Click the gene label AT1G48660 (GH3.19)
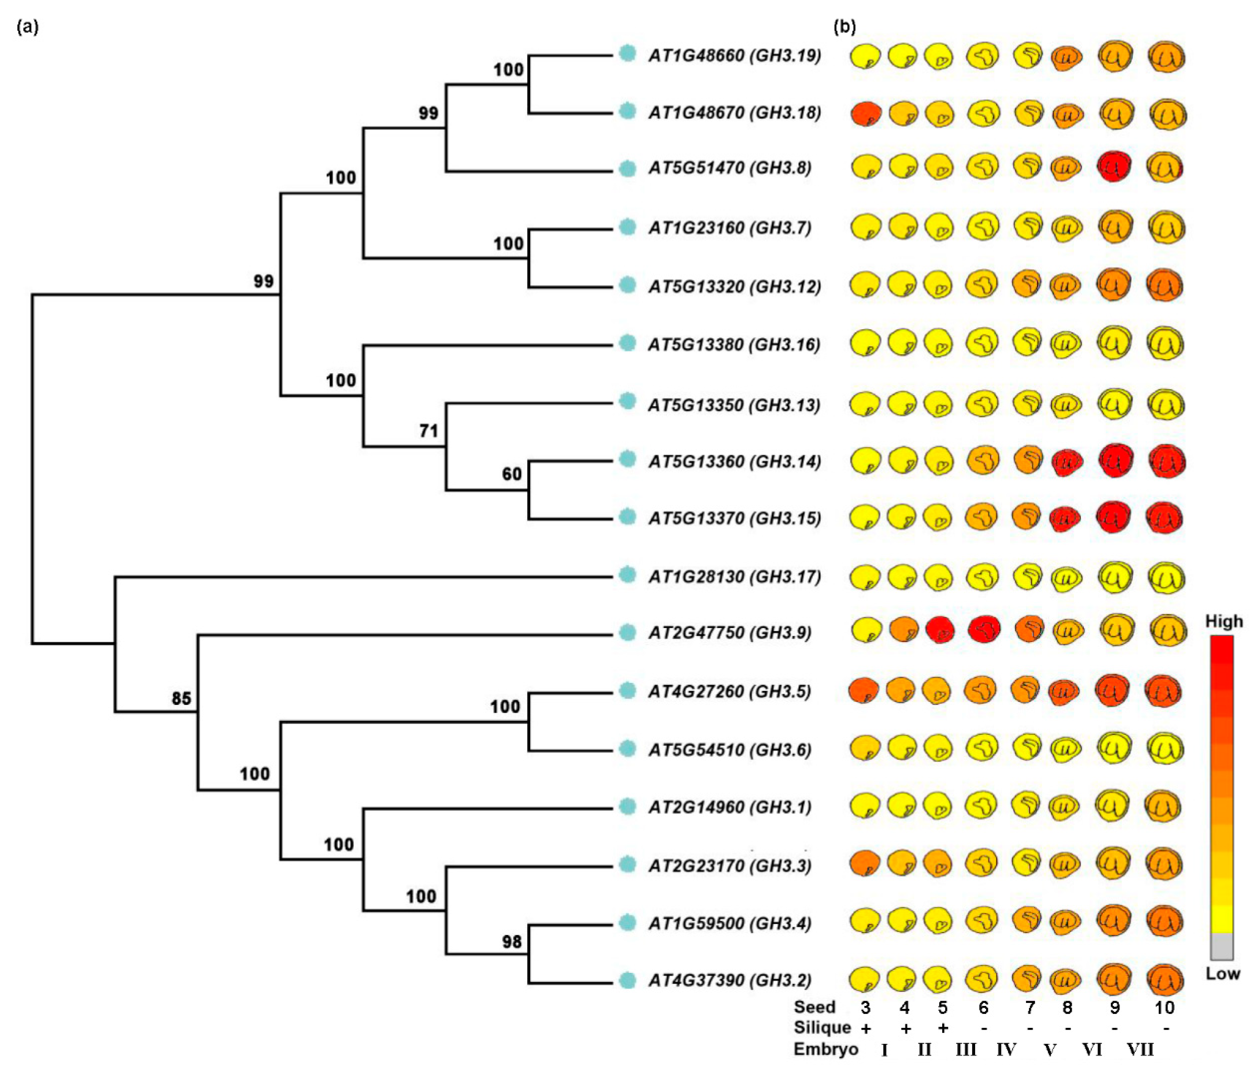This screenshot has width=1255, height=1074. pyautogui.click(x=734, y=56)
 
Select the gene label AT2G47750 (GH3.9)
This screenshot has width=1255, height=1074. pyautogui.click(x=729, y=633)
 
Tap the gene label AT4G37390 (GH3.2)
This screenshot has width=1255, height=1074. pyautogui.click(x=729, y=980)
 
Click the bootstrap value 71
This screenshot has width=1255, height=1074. pyautogui.click(x=428, y=431)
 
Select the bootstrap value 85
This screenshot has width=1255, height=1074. pyautogui.click(x=181, y=699)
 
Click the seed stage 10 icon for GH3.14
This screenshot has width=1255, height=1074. pyautogui.click(x=1166, y=461)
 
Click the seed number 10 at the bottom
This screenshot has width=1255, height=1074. pyautogui.click(x=1164, y=1007)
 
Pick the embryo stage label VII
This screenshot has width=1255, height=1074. pyautogui.click(x=1140, y=1049)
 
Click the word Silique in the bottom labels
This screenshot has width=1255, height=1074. pyautogui.click(x=822, y=1028)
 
